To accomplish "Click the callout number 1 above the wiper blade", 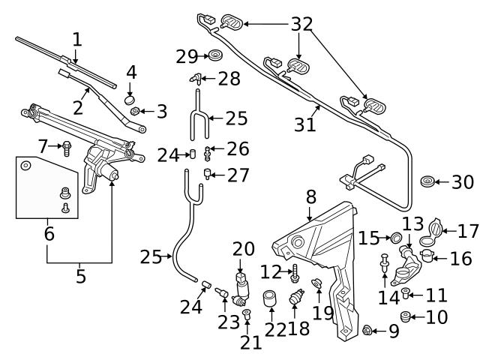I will point(76,38).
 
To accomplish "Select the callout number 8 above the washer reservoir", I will point(310,197).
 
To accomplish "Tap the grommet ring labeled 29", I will point(214,55).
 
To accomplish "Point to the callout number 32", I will point(302,23).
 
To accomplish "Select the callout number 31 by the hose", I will point(304,124).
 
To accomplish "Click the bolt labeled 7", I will point(67,146).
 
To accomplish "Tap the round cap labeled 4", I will point(129,98).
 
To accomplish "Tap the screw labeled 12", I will point(293,271).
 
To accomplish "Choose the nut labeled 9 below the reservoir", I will point(367,331).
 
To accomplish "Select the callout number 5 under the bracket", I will point(80,275).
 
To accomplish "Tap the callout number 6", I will point(49,233).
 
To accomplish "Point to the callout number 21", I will point(251,343).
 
